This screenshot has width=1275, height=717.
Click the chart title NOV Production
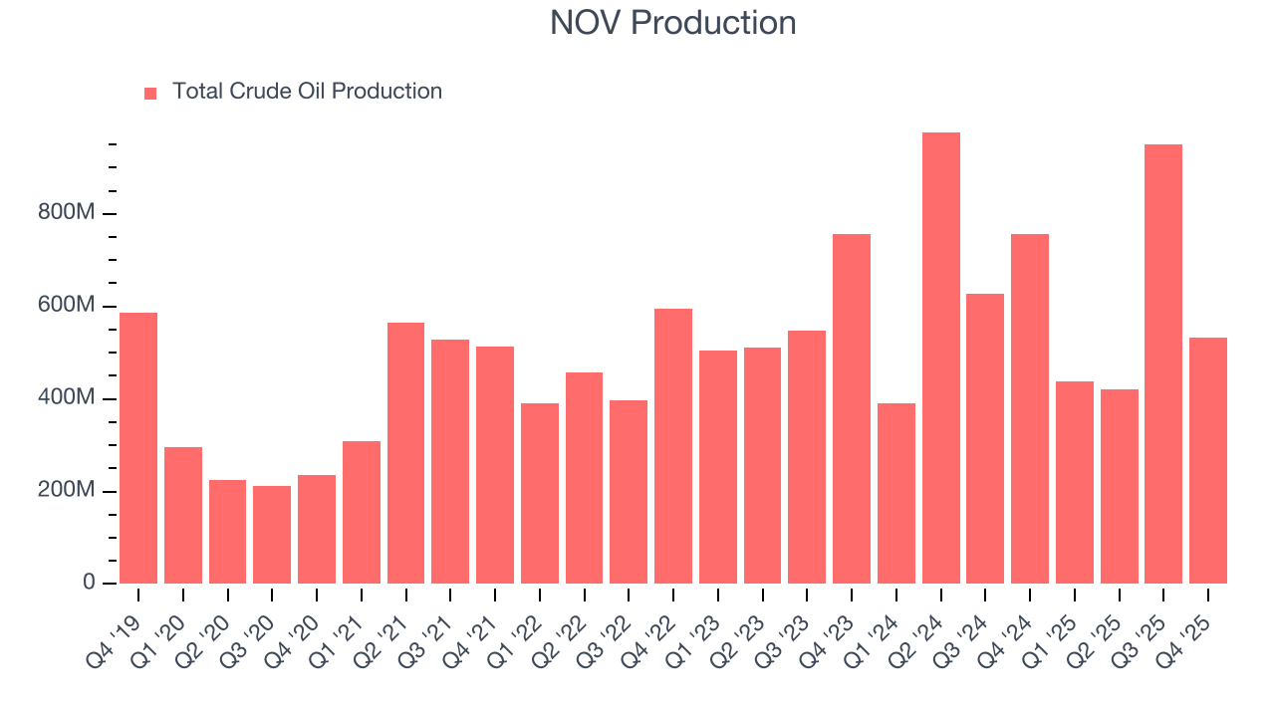click(672, 23)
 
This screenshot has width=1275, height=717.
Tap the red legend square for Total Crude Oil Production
click(150, 93)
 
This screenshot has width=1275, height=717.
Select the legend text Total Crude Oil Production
click(307, 92)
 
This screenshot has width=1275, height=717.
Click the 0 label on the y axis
click(89, 583)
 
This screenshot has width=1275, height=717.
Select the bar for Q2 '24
click(941, 358)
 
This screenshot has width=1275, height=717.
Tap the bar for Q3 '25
click(1163, 364)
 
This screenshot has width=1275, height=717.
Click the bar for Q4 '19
click(138, 448)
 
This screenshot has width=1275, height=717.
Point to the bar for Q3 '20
click(272, 535)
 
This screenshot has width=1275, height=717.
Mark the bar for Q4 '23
click(852, 409)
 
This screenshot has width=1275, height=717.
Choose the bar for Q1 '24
click(896, 494)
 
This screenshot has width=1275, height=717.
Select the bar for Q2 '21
click(405, 453)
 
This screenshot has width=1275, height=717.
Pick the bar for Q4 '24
click(1030, 409)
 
